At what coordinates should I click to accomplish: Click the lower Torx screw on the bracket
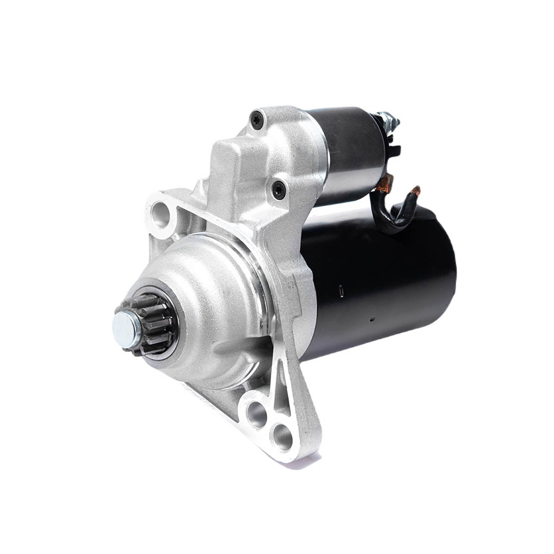pos(278,189)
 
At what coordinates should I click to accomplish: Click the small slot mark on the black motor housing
pos(341,292)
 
